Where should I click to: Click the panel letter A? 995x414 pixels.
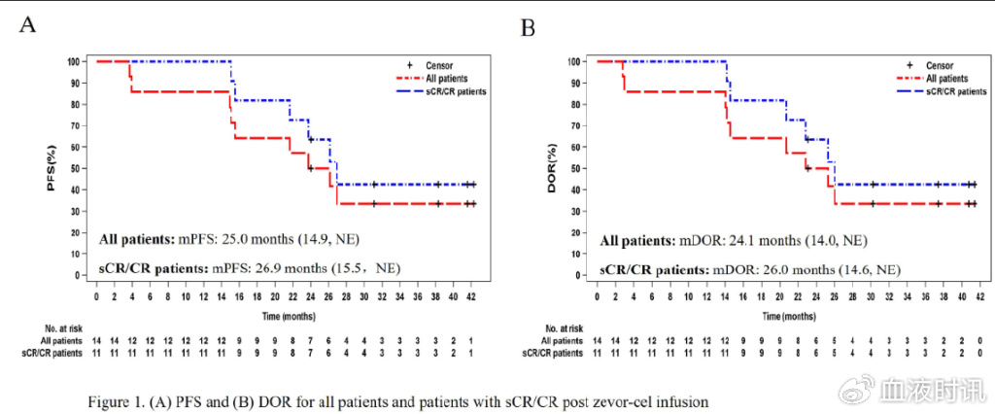[29, 24]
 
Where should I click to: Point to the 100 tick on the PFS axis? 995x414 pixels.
[75, 61]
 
